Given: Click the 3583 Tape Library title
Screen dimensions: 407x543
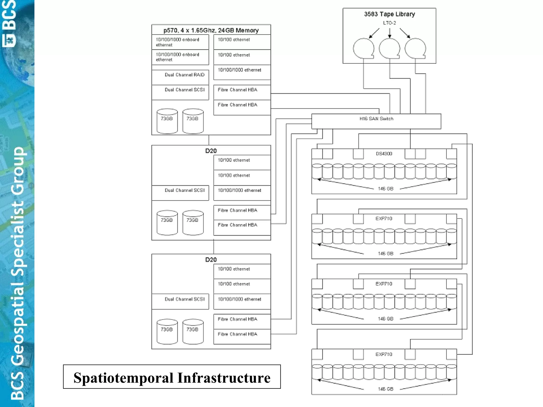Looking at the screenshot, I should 389,14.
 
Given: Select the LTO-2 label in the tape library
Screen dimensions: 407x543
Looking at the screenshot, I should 389,23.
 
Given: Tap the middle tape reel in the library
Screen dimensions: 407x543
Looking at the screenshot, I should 389,48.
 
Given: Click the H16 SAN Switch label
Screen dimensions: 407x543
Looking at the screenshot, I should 376,119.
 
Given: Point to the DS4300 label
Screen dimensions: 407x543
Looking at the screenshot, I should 384,154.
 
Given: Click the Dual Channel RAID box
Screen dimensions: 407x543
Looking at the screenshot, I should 180,77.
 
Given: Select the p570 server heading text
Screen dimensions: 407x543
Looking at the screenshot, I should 211,30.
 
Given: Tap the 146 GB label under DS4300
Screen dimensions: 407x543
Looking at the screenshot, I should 386,189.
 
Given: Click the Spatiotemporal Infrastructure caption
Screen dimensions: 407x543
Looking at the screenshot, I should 172,377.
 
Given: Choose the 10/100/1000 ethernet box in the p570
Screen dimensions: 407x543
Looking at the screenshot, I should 242,72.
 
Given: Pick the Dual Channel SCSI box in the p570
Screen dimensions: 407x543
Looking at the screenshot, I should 180,92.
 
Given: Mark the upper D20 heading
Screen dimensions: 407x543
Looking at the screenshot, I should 211,151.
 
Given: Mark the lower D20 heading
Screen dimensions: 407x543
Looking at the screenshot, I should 211,260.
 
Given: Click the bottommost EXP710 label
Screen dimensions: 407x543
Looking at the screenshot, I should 384,354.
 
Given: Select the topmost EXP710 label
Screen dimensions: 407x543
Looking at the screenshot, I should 384,219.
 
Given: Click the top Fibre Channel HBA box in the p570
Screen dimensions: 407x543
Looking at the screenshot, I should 242,92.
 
